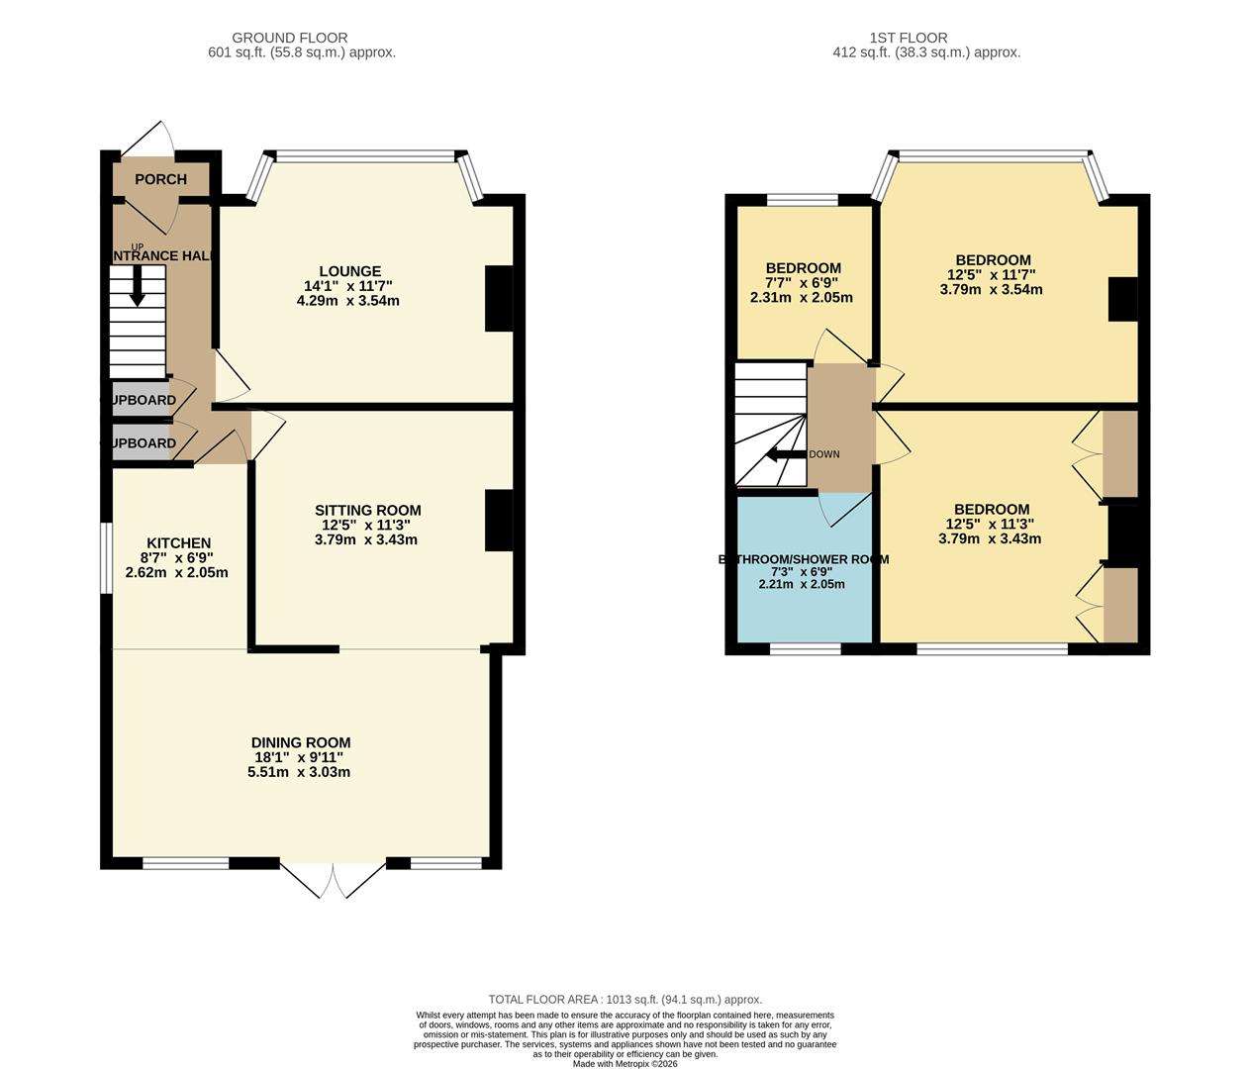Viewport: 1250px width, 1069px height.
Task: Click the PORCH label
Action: tap(160, 179)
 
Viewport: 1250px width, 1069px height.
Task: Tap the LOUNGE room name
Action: tap(349, 271)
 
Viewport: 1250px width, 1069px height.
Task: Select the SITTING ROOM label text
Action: tap(368, 511)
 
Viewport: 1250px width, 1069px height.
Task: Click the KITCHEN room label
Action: tap(178, 542)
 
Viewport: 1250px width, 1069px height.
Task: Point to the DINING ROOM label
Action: tap(300, 742)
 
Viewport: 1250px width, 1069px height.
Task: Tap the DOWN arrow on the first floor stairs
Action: tap(787, 454)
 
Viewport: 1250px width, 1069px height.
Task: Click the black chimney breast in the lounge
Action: tap(499, 299)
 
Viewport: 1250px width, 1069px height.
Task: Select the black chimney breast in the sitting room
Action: tap(499, 521)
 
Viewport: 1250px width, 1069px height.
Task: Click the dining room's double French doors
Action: tap(333, 877)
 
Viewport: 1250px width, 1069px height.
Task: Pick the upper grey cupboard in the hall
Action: tap(141, 400)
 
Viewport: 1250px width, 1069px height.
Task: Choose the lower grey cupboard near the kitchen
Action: tap(141, 443)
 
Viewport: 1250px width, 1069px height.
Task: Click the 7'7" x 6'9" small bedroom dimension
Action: tap(803, 282)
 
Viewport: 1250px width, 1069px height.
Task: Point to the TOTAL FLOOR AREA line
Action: tap(625, 1000)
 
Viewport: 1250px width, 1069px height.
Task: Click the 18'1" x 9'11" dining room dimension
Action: tap(299, 757)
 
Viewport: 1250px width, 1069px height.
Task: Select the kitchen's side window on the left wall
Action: tap(105, 558)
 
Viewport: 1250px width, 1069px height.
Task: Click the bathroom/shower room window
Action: tap(806, 649)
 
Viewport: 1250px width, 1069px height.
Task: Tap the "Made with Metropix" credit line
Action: tap(625, 1064)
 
